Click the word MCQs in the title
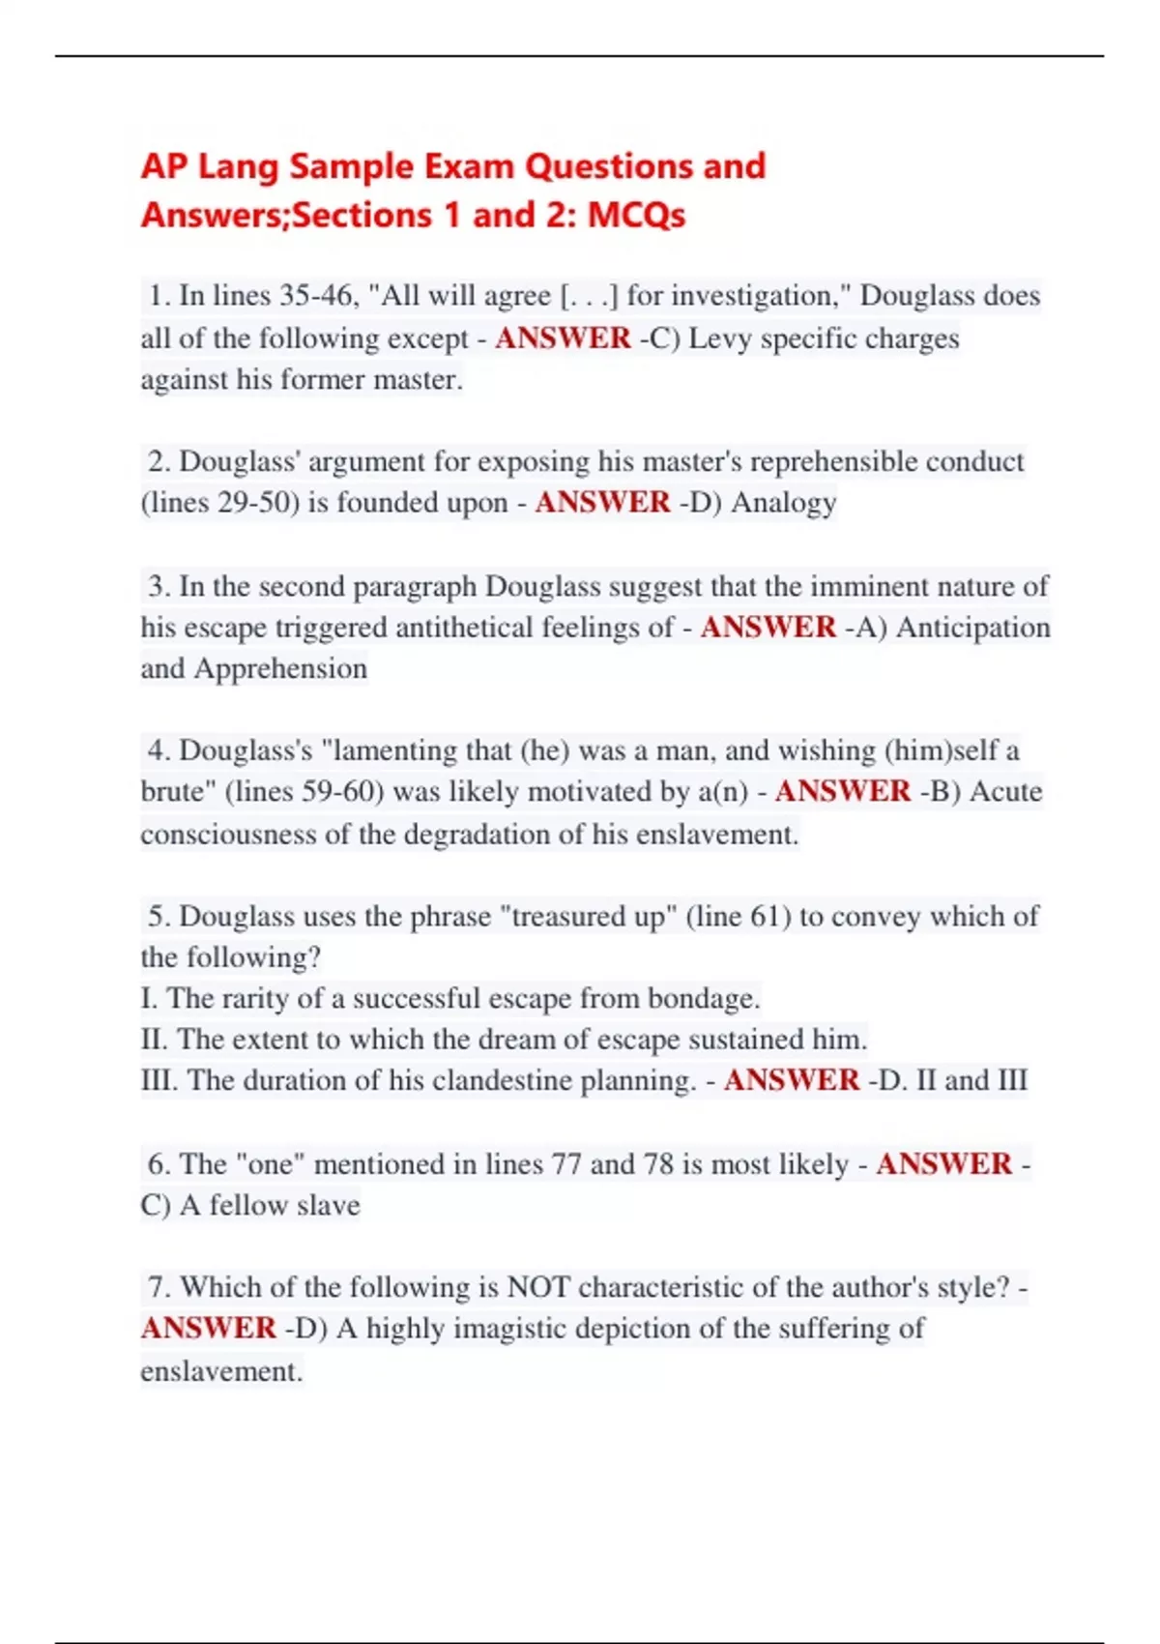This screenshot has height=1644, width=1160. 636,215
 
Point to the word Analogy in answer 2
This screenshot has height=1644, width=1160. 784,503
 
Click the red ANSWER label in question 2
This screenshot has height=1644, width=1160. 602,503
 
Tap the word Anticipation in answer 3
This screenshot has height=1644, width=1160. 973,628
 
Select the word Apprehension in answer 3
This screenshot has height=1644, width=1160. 280,669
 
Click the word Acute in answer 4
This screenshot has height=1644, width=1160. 1005,792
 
